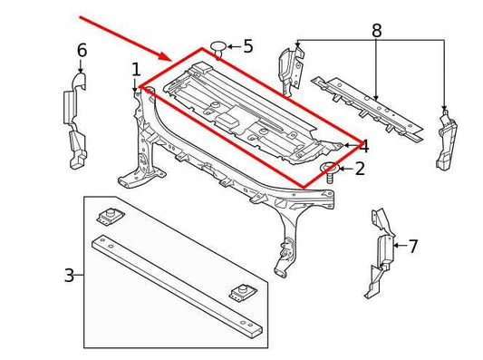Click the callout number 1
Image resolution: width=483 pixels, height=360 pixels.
pyautogui.click(x=136, y=70)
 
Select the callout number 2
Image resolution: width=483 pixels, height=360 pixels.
pyautogui.click(x=360, y=169)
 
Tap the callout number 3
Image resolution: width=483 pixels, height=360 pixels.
pyautogui.click(x=69, y=274)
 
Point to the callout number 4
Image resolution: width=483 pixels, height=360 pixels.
pyautogui.click(x=363, y=146)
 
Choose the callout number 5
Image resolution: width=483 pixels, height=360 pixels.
pyautogui.click(x=247, y=45)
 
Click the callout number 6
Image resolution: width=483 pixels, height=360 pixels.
pyautogui.click(x=82, y=51)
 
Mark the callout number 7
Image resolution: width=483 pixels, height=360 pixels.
pyautogui.click(x=413, y=247)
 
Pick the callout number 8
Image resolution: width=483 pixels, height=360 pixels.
pyautogui.click(x=377, y=31)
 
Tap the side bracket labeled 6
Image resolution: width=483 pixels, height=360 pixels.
pyautogui.click(x=75, y=122)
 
